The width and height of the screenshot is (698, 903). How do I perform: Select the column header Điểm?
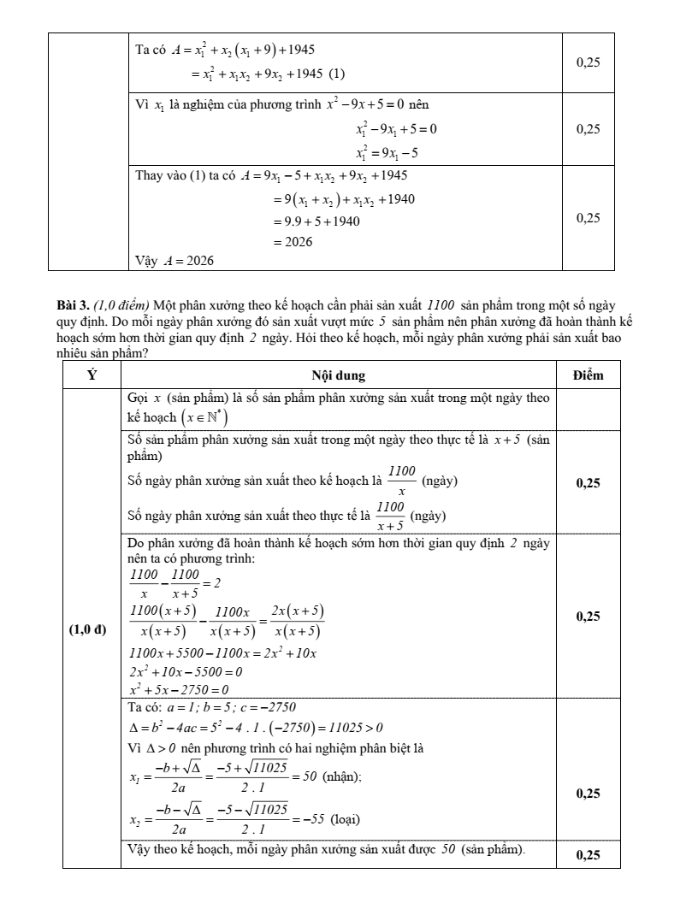coord(588,375)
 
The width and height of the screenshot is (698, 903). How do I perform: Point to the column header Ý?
coord(92,375)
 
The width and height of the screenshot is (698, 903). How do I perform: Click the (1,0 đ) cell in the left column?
coord(87,631)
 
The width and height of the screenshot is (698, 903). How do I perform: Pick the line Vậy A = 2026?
coord(174,260)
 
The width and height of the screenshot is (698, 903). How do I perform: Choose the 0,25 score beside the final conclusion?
coord(588,854)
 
